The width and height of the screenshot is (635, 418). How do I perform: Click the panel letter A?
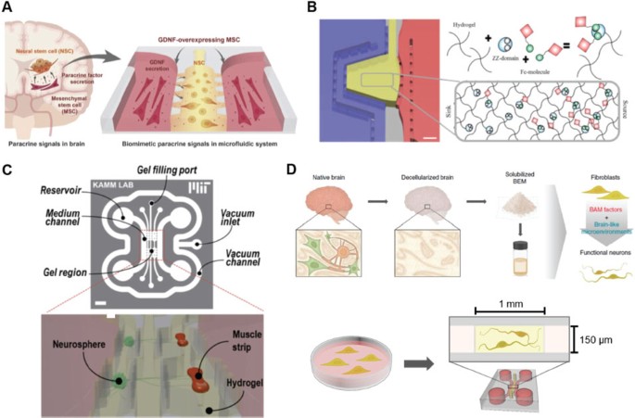click(x=8, y=9)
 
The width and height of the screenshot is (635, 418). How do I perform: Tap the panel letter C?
click(x=8, y=171)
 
